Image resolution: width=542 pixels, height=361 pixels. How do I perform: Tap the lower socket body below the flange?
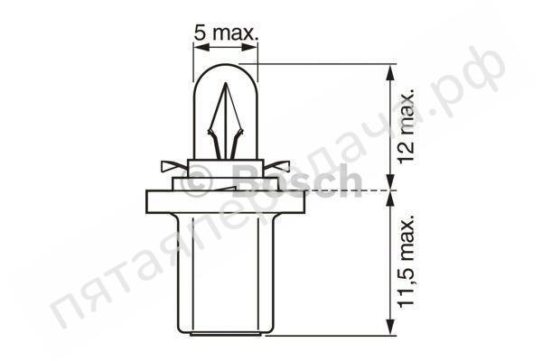point(225,271)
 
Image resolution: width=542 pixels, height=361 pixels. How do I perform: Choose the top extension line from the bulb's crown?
point(325,64)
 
